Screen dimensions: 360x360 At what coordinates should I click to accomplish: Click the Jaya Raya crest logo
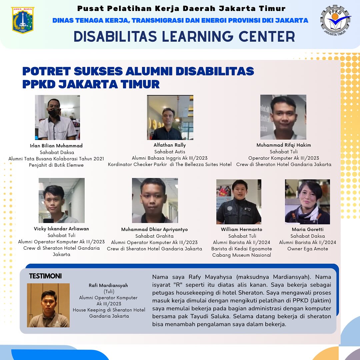click(x=23, y=20)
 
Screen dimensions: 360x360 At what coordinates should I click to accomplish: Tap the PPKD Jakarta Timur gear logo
click(x=335, y=21)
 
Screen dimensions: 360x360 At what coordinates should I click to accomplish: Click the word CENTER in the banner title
click(x=267, y=37)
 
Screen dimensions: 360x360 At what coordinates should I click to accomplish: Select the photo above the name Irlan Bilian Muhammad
click(x=57, y=117)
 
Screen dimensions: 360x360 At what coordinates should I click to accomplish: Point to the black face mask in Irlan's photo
click(x=53, y=112)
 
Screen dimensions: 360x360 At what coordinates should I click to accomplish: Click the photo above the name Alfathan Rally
click(x=170, y=117)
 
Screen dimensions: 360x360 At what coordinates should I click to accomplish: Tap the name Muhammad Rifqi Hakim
click(x=284, y=145)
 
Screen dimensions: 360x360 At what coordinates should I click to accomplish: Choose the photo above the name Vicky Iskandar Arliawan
click(x=62, y=200)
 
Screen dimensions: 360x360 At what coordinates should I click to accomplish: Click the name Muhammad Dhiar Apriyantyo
click(x=155, y=229)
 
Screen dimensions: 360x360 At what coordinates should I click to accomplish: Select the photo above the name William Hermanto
click(x=239, y=202)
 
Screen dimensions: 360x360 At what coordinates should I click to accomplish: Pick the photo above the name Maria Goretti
click(x=307, y=202)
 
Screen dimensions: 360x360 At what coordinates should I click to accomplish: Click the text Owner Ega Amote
click(x=308, y=249)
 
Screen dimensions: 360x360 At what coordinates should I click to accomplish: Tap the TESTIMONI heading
click(x=45, y=276)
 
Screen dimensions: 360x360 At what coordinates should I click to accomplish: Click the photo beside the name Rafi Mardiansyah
click(x=48, y=305)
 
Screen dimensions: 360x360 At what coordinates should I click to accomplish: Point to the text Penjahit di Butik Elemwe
click(x=56, y=165)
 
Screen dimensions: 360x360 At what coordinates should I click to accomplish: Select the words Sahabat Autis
click(x=170, y=152)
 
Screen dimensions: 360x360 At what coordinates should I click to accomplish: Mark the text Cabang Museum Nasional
click(x=242, y=255)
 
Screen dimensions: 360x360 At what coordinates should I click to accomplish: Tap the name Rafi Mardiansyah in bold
click(x=108, y=285)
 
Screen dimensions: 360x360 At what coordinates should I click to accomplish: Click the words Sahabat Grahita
click(x=155, y=236)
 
